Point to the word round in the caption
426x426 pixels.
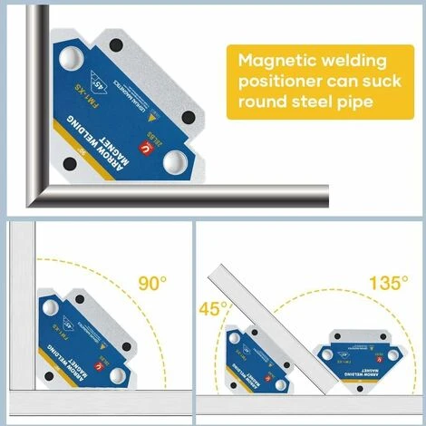tap(264, 101)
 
